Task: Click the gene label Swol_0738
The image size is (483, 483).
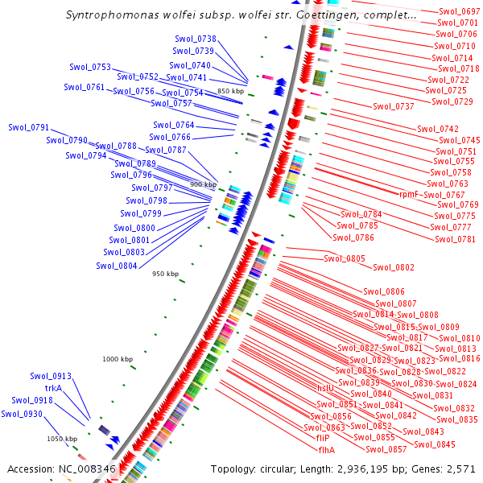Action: coord(196,39)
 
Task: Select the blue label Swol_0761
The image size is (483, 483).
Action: coord(85,87)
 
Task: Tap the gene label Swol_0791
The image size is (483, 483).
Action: coord(29,127)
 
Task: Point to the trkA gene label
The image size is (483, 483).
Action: coord(53,388)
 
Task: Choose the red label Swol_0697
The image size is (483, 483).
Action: coord(460,12)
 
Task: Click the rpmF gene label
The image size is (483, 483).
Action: coord(409,194)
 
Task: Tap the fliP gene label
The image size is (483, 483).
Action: coord(312,439)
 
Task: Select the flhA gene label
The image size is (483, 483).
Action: coord(326,450)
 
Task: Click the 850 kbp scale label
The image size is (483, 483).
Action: coord(230,91)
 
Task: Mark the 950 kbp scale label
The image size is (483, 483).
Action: coord(165,274)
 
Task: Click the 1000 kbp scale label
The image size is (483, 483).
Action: coord(118,359)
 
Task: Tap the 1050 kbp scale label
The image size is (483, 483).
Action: coord(62,439)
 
